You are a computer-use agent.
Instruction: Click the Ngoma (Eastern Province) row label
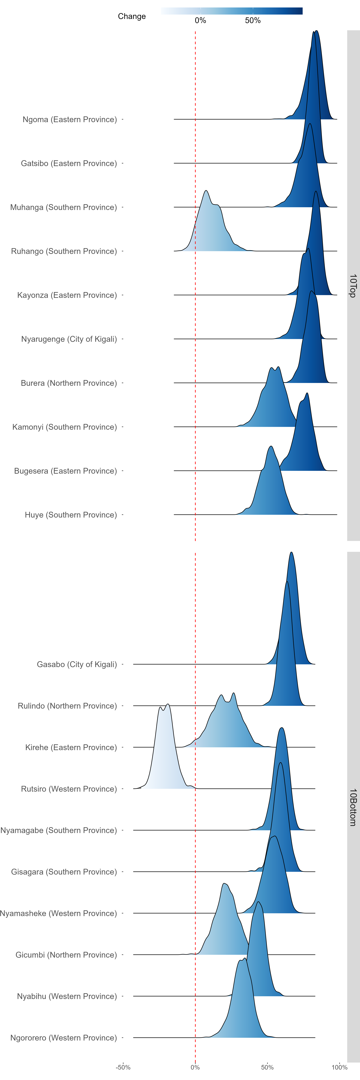70,120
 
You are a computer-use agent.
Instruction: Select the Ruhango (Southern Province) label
64,251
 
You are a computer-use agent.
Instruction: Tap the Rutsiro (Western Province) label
69,789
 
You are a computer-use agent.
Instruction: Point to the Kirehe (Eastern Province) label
71,747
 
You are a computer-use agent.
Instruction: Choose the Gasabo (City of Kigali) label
77,664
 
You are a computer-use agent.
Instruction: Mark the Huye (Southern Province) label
71,515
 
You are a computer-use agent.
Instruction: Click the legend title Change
132,16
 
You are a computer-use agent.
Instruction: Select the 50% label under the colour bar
253,21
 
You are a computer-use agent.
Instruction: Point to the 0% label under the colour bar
200,21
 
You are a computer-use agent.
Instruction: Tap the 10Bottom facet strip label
353,807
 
